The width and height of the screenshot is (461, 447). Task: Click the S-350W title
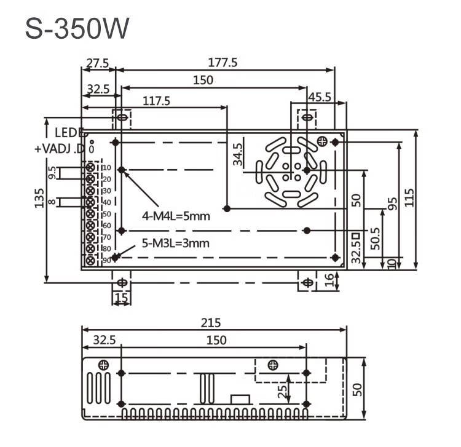tap(77, 29)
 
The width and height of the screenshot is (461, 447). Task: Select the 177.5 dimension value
tap(223, 62)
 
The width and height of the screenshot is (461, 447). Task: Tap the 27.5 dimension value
tap(97, 62)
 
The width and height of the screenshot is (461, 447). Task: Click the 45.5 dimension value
tap(320, 97)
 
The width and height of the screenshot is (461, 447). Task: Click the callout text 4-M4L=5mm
tap(176, 216)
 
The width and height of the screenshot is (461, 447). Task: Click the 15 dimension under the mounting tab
tap(121, 298)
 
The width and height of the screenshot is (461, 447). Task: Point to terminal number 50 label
tap(106, 214)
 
